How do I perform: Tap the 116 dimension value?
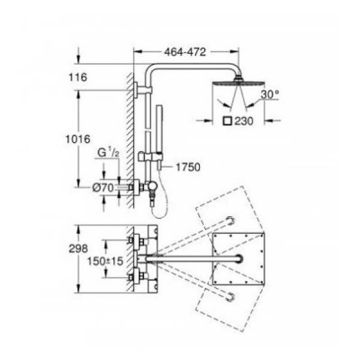(77, 77)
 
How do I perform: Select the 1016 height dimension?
(78, 139)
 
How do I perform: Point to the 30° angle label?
(270, 94)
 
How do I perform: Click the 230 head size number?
(244, 121)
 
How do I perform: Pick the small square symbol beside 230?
(227, 121)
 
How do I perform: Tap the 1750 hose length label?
(188, 167)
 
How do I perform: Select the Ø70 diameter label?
(103, 188)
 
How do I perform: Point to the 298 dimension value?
(77, 248)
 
